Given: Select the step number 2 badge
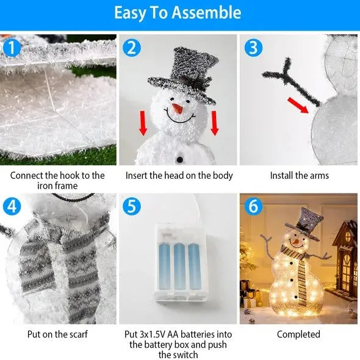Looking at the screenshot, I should pos(132,46).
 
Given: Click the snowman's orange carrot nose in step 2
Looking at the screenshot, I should pos(177,109).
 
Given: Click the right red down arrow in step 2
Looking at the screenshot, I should pos(214,124).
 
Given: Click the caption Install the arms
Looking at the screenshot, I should pos(299,176).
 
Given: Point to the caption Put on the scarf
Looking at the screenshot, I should pos(57,334).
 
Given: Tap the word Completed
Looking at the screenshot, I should pos(298,334).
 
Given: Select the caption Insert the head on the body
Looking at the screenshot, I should pos(179,176).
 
